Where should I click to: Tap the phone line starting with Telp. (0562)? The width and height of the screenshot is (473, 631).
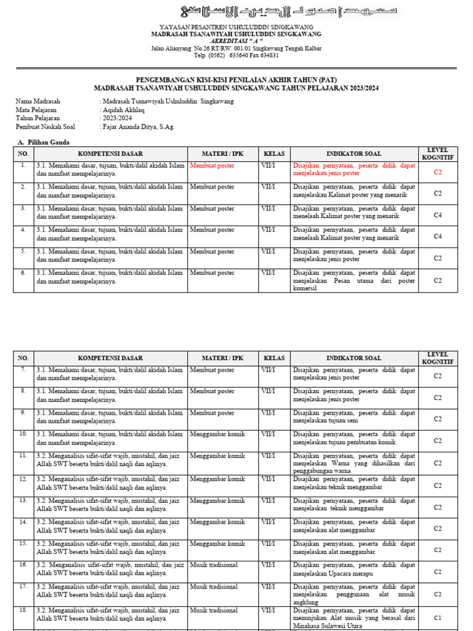pyautogui.click(x=236, y=55)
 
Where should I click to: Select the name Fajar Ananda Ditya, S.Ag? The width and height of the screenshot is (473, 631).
pyautogui.click(x=137, y=127)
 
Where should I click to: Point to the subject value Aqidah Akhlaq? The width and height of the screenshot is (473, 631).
pyautogui.click(x=123, y=110)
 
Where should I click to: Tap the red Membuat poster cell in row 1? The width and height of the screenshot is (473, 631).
pyautogui.click(x=212, y=166)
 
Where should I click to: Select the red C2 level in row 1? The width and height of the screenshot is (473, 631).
pyautogui.click(x=437, y=173)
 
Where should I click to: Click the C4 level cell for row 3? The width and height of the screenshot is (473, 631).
pyautogui.click(x=437, y=215)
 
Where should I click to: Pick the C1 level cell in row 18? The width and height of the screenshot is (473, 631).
pyautogui.click(x=437, y=617)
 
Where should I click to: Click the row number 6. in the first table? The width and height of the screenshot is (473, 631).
pyautogui.click(x=23, y=272)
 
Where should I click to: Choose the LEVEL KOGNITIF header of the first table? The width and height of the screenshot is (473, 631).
pyautogui.click(x=437, y=153)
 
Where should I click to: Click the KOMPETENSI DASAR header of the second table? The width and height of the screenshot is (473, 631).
pyautogui.click(x=110, y=358)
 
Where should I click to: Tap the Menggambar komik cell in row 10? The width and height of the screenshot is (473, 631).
pyautogui.click(x=217, y=434)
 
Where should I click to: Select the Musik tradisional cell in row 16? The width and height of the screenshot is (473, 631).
pyautogui.click(x=214, y=564)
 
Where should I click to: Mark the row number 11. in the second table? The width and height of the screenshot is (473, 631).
pyautogui.click(x=23, y=455)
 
